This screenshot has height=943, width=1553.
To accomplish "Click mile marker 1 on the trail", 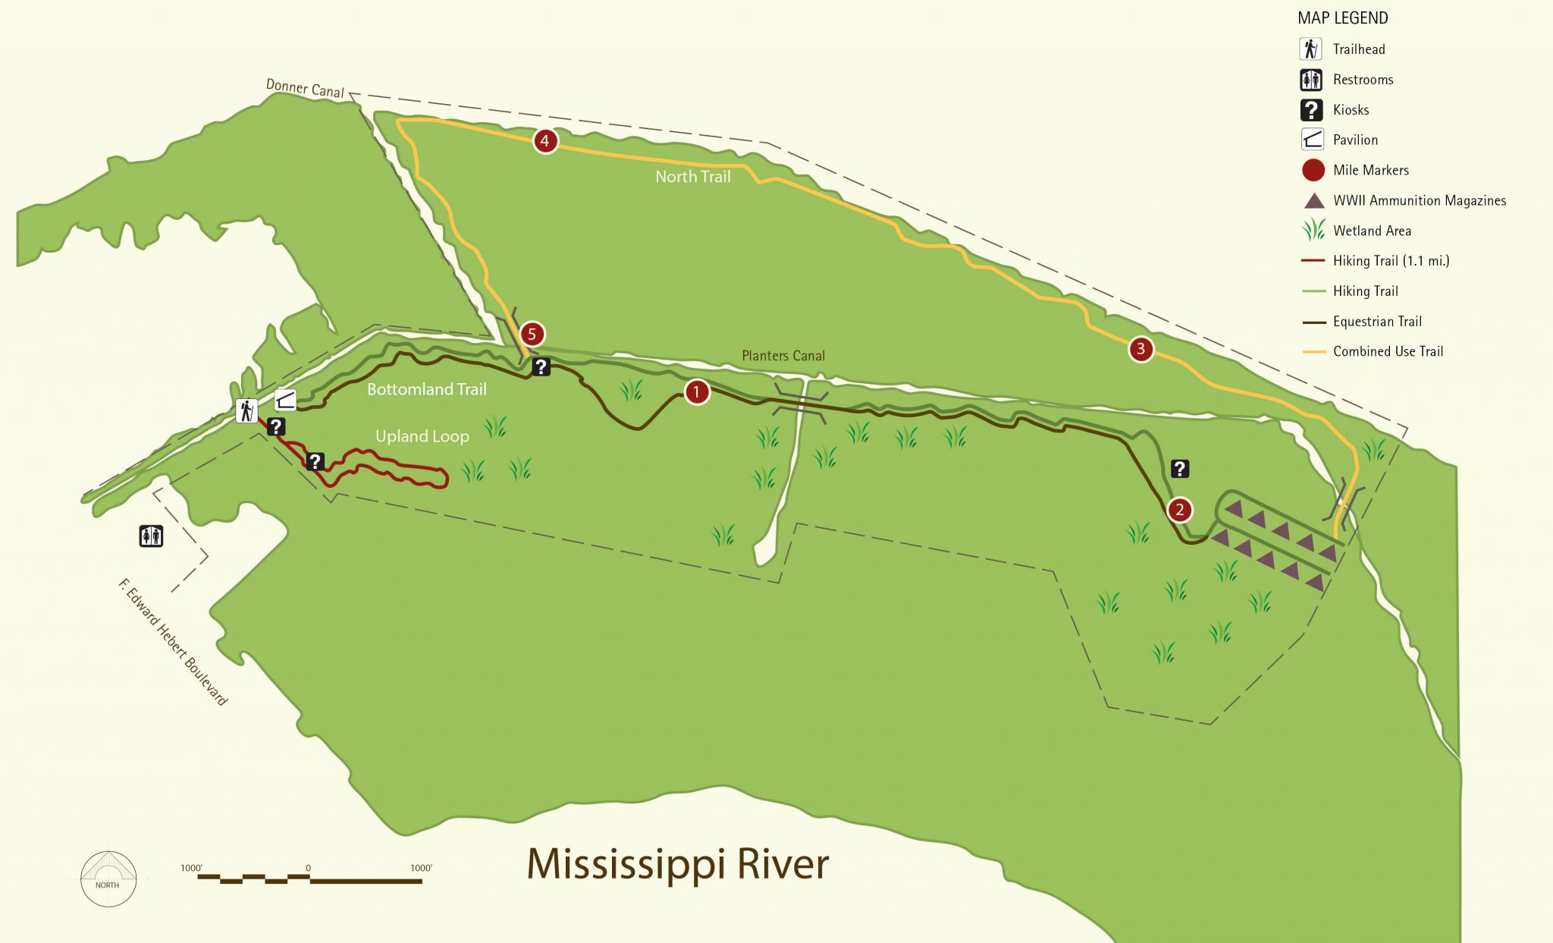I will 696,392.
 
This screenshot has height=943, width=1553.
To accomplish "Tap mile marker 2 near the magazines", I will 1179,510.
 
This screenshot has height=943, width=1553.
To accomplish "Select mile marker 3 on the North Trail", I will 1140,349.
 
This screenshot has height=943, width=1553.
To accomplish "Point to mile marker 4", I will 544,141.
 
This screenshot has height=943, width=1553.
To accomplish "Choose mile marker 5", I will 532,334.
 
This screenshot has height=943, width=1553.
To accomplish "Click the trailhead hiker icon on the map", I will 246,410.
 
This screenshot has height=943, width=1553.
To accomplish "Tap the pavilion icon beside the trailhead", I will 285,400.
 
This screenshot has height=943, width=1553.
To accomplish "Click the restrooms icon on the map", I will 152,536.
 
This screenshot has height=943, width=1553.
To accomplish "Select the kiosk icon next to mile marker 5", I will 541,367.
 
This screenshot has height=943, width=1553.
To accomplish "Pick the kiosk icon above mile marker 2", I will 1180,469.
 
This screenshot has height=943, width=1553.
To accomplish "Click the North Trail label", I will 692,177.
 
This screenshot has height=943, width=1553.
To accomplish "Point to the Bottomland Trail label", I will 426,389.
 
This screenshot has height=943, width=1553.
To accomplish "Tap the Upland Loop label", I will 422,436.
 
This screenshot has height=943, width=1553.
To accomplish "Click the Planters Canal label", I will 783,356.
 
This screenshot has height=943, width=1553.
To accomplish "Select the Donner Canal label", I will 305,88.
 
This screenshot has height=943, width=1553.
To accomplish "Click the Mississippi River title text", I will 677,864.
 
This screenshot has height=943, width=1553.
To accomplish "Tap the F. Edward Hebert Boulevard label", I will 173,642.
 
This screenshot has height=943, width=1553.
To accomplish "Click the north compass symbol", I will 108,879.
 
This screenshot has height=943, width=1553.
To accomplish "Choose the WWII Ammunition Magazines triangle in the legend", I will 1313,201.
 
